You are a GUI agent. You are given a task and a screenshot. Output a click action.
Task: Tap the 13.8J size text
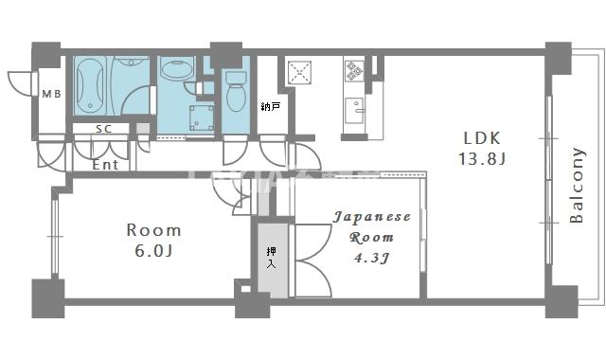[482, 158]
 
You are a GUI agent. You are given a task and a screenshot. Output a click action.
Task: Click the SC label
[104, 129]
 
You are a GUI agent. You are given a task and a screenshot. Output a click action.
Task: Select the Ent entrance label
[105, 164]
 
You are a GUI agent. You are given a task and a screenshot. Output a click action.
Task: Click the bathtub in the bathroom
[91, 86]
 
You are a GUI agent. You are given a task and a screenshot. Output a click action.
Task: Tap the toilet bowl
[236, 96]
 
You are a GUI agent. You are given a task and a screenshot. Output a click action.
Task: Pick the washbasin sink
[176, 69]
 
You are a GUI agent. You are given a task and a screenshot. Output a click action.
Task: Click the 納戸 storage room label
[270, 107]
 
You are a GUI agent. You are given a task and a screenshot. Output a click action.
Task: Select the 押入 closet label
[272, 256]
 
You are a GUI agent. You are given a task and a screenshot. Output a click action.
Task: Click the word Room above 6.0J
[153, 229]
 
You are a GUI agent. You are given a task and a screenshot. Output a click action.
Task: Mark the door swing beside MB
[21, 83]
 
